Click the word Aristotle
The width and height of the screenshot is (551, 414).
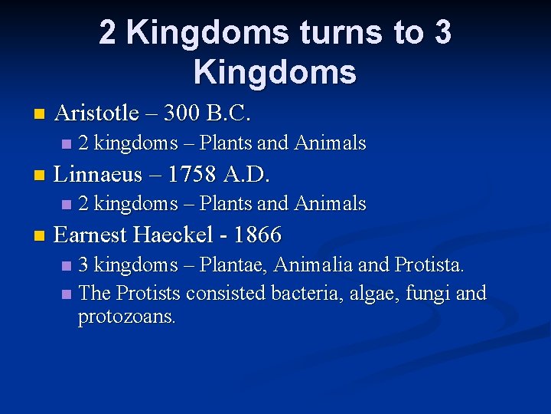(x=96, y=113)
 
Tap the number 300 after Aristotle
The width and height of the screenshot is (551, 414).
(x=182, y=113)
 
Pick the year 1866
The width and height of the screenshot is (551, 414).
(x=258, y=234)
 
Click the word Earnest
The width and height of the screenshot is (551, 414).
(x=93, y=234)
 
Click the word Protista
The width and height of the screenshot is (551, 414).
(x=429, y=265)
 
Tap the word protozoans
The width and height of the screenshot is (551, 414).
(x=127, y=317)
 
